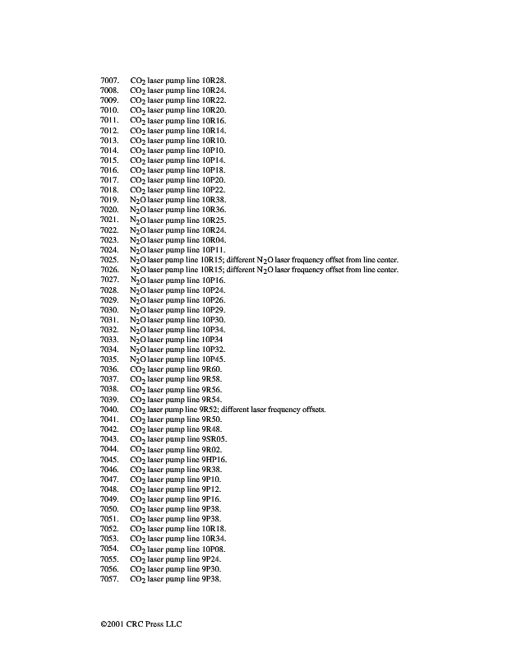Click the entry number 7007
click(x=110, y=81)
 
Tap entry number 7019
click(x=110, y=200)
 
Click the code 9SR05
click(x=213, y=439)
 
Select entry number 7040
click(x=110, y=410)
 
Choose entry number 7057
click(x=110, y=579)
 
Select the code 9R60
click(x=211, y=369)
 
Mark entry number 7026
click(x=110, y=270)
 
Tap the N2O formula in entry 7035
click(x=138, y=359)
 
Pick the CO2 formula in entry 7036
click(x=138, y=369)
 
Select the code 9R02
click(x=211, y=449)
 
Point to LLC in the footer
click(x=173, y=624)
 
